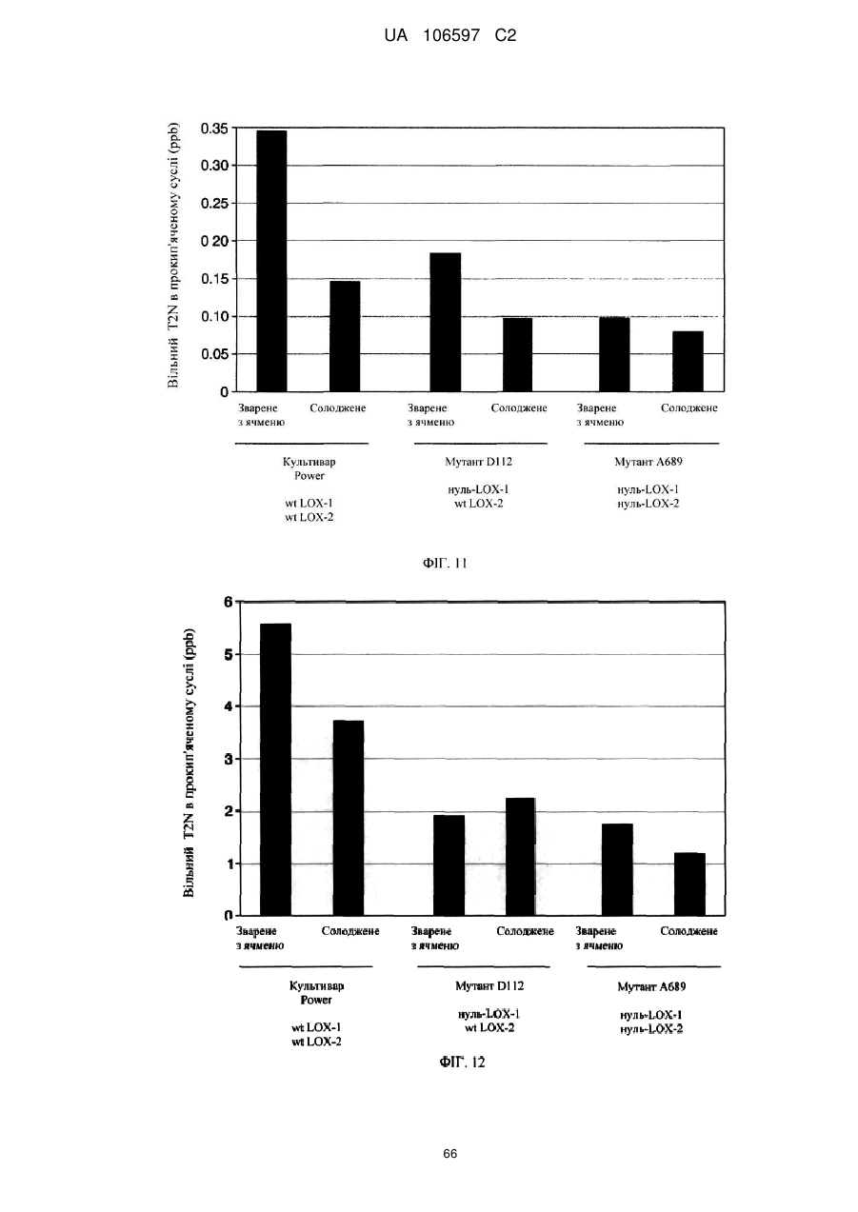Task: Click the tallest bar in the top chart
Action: pos(271,261)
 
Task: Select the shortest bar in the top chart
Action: pos(688,361)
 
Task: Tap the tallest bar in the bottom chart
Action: pos(275,769)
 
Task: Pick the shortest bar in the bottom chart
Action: pos(689,884)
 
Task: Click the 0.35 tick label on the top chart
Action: pos(214,129)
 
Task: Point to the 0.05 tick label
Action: pos(214,354)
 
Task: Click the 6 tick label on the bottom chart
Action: pos(228,602)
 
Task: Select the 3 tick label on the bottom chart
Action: pos(228,759)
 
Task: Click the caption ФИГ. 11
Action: pos(445,564)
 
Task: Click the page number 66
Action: pos(449,1154)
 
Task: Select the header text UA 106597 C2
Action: pos(449,36)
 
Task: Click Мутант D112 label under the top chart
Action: pos(479,462)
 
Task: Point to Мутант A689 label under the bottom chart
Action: pos(651,986)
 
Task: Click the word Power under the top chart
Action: pos(309,476)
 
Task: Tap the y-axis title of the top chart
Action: pos(172,256)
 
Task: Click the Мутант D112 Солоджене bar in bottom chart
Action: pos(520,856)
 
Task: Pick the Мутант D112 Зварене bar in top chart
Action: pos(446,322)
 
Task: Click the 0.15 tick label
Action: pos(214,279)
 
